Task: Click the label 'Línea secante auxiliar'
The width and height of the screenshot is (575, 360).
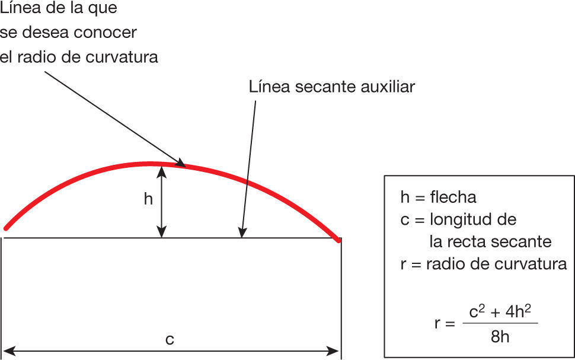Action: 332,87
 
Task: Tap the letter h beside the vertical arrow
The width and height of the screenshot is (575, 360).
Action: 148,199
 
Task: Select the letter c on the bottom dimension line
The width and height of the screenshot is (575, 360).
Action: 170,339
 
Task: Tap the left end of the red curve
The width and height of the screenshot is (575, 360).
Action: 6,228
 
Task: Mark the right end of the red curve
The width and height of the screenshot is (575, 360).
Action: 338,240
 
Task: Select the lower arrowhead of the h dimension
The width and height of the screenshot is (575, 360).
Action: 161,234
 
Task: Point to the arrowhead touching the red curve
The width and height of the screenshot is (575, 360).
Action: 182,164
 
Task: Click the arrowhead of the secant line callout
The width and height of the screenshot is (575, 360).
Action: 241,234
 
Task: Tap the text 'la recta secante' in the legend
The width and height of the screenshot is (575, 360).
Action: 490,241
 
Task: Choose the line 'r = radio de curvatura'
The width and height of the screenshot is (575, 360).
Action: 484,264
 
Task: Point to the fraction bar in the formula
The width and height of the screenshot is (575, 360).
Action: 500,323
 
